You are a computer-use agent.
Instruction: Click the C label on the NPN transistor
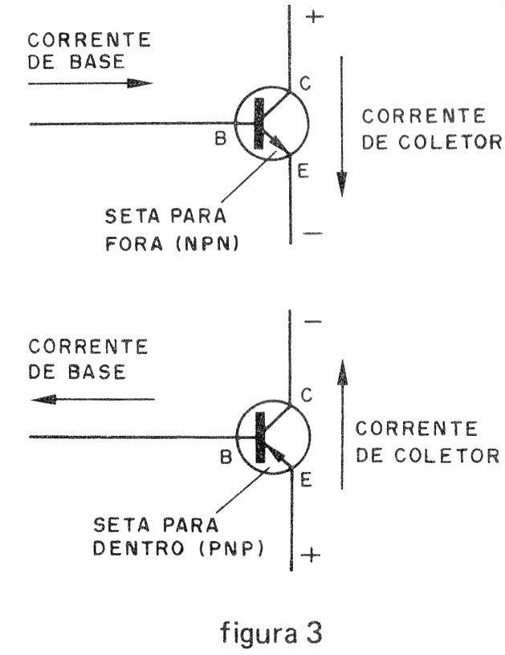305,83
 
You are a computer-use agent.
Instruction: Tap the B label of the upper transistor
221,138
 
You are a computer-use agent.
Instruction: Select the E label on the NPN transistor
303,171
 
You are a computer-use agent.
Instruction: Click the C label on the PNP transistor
307,395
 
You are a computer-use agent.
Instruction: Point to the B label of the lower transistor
226,457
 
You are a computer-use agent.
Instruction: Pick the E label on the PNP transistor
306,480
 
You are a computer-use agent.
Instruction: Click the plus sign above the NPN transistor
315,16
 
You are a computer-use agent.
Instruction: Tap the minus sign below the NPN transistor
312,233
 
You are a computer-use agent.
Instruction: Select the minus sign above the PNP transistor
313,321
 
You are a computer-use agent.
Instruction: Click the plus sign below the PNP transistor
311,555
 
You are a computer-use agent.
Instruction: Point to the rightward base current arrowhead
140,83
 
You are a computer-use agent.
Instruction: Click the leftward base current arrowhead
44,400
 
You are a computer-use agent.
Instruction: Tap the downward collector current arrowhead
342,184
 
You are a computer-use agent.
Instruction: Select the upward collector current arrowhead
343,372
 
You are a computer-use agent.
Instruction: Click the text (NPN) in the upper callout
207,243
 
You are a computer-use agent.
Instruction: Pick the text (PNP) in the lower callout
231,548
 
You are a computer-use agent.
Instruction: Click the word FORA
134,243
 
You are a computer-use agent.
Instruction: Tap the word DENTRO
139,548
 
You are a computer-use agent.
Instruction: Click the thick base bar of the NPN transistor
259,124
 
